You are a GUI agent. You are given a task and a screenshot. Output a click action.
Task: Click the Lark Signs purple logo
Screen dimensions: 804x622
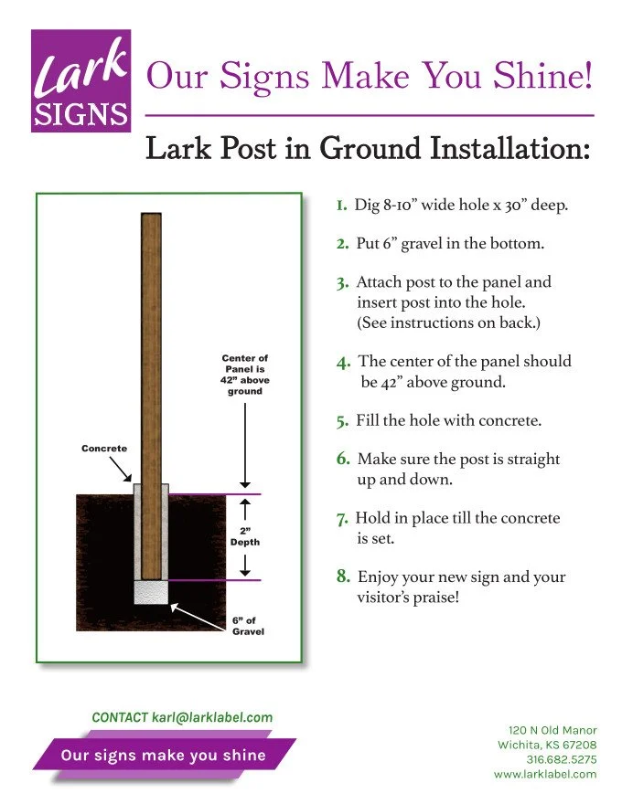(x=80, y=81)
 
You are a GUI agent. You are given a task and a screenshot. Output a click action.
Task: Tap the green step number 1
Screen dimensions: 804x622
(x=340, y=206)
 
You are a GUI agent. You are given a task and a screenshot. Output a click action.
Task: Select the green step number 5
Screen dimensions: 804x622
(x=342, y=422)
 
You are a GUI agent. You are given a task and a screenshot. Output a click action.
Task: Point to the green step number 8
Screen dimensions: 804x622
(x=343, y=577)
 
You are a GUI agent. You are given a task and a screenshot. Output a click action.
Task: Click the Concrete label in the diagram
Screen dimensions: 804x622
(x=104, y=449)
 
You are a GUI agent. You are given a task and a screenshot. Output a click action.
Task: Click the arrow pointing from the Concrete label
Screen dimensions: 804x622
(x=121, y=470)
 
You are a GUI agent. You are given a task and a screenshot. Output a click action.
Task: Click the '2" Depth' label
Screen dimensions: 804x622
(x=244, y=535)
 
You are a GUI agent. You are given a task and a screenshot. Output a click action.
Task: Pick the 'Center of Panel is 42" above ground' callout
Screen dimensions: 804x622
(x=245, y=375)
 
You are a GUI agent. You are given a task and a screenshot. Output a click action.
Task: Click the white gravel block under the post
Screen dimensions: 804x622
(x=151, y=592)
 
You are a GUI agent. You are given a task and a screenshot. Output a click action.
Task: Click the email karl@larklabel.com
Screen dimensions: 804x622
(x=214, y=718)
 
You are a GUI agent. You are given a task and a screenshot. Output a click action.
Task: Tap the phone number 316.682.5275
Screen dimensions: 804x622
(x=561, y=759)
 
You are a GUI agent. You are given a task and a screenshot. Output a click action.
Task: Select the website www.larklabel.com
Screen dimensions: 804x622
(x=545, y=774)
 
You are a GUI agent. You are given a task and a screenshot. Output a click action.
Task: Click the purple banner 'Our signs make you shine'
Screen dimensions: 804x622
(x=164, y=756)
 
